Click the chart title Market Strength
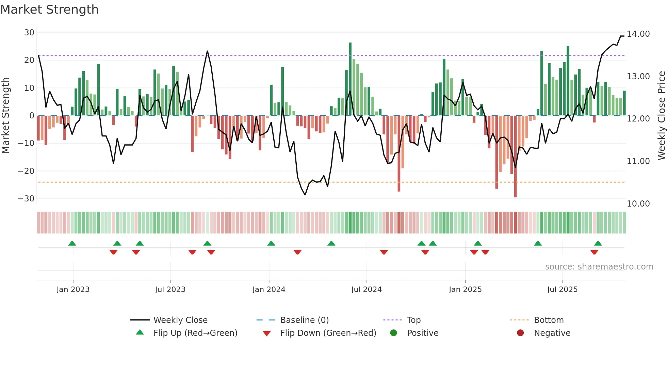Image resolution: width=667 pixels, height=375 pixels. [x=50, y=10]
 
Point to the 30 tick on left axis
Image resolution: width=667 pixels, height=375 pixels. [x=29, y=33]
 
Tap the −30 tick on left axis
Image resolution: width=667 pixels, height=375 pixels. [x=27, y=198]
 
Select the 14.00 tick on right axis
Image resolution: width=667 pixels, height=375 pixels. [x=638, y=34]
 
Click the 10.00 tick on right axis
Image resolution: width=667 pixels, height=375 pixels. [x=638, y=203]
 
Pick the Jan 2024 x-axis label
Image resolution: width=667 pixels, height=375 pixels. [x=269, y=290]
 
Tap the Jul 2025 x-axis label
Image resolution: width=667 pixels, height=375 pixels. [x=562, y=290]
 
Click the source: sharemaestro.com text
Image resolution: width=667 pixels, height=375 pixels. [x=599, y=267]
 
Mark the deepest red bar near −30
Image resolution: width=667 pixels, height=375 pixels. [x=515, y=157]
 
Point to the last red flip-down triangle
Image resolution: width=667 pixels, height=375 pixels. [x=594, y=252]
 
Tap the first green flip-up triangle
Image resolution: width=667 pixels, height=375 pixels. [x=72, y=243]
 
